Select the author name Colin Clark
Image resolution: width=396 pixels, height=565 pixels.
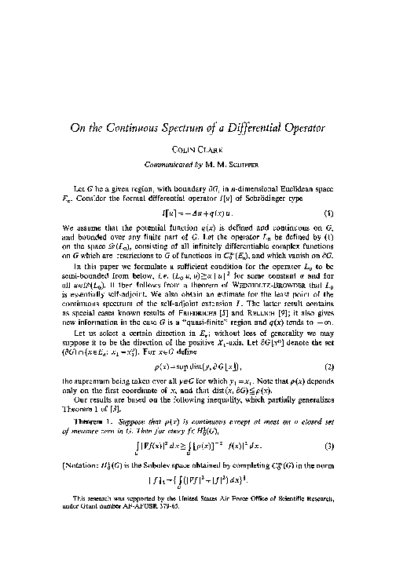click(197, 171)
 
